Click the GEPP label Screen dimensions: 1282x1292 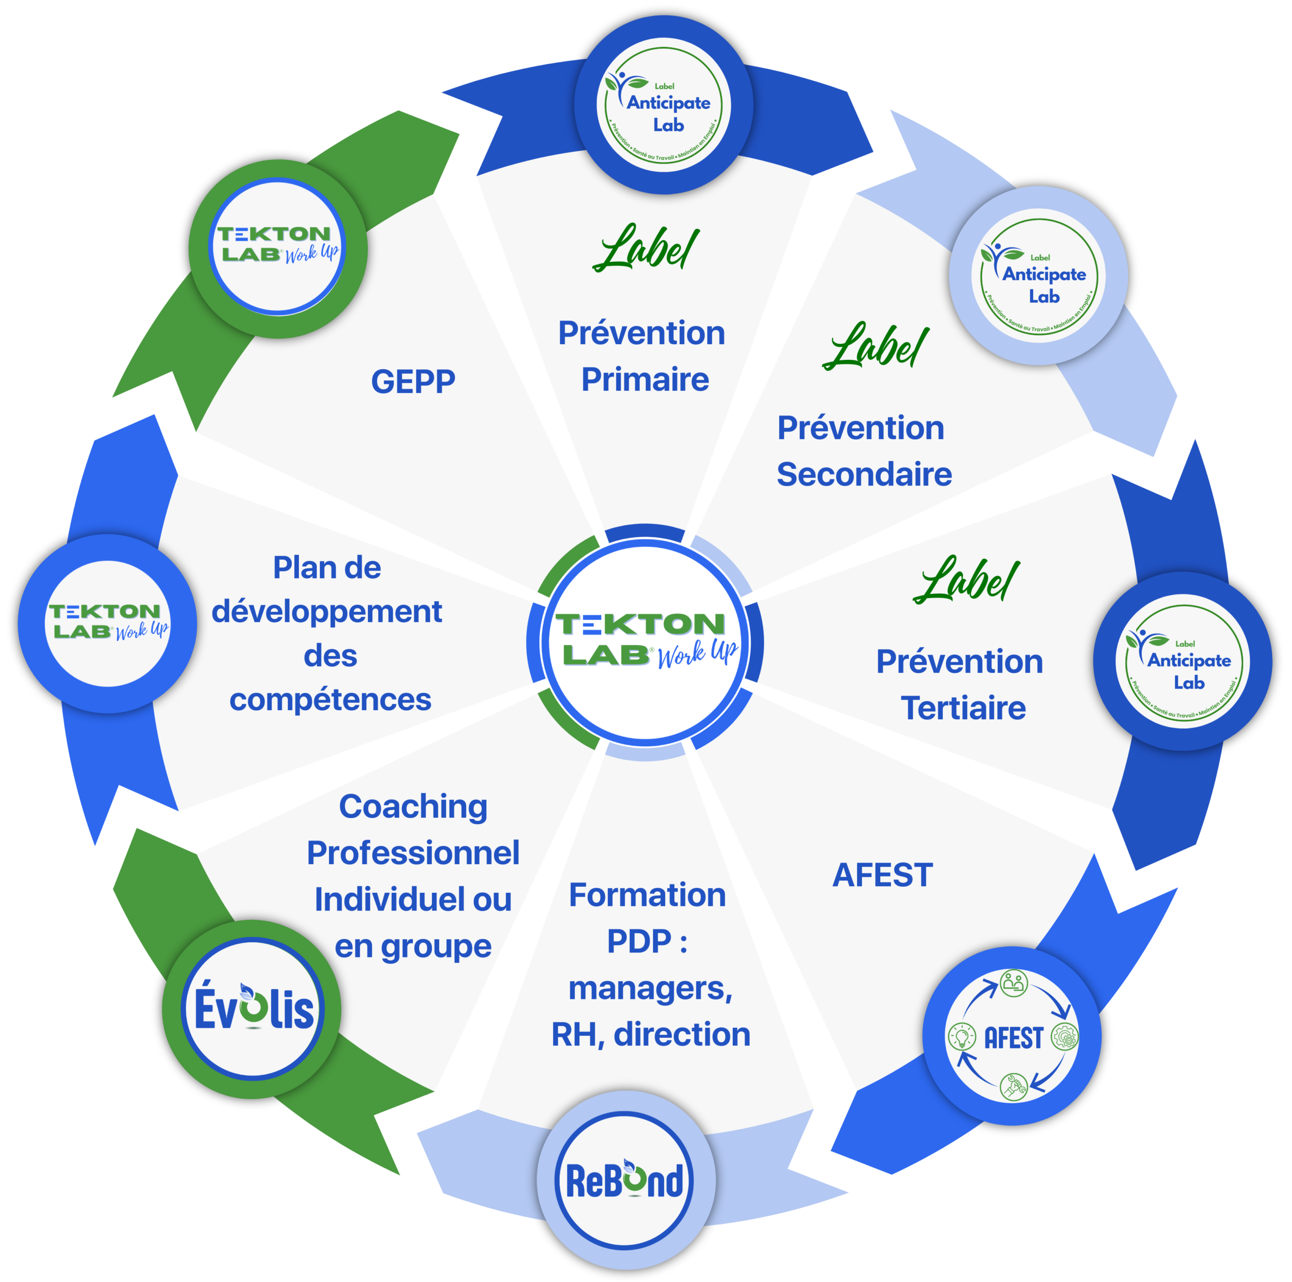click(x=413, y=382)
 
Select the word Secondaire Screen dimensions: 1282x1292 click(x=864, y=474)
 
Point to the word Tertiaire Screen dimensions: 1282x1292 click(x=963, y=708)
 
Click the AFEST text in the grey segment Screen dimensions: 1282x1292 click(x=882, y=875)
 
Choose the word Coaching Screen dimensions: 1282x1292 click(x=413, y=807)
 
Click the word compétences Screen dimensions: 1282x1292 click(x=331, y=700)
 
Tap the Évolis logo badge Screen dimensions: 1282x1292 click(x=252, y=1008)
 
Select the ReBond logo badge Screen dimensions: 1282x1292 click(x=626, y=1181)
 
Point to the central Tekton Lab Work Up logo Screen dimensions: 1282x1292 click(x=646, y=642)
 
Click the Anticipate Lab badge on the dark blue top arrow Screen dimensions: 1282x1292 click(x=663, y=106)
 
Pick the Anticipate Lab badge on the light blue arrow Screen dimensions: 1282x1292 click(x=1039, y=276)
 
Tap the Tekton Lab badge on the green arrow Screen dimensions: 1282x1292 click(x=278, y=247)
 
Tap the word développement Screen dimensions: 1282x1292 click(x=327, y=612)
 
